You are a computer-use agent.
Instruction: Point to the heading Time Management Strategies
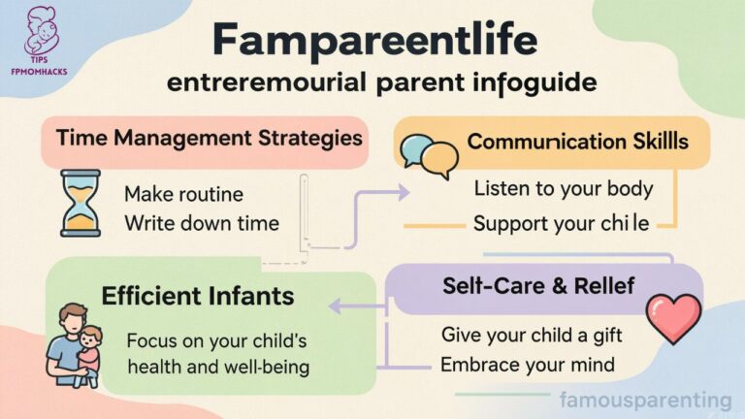coord(203,137)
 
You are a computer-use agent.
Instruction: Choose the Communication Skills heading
coord(577,142)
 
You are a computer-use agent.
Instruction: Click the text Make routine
coord(183,193)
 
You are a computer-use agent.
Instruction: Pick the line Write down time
coord(202,223)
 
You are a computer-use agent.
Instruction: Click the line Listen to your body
coord(563,188)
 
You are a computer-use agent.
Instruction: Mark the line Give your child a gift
coord(531,335)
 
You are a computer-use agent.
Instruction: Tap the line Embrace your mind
coord(527,365)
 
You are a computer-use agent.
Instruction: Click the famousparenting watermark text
coord(645,399)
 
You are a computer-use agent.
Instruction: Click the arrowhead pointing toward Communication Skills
coord(404,192)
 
